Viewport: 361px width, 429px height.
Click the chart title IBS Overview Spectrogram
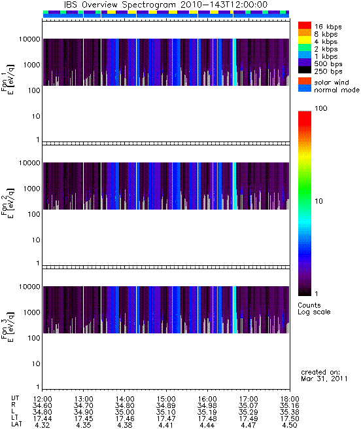(120, 5)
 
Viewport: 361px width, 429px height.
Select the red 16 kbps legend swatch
(305, 25)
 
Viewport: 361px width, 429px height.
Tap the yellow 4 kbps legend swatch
(305, 40)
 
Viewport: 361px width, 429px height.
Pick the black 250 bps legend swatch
(305, 70)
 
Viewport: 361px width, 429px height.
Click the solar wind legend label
(332, 83)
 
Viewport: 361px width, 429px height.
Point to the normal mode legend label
(337, 90)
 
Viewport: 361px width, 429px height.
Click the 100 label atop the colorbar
(321, 108)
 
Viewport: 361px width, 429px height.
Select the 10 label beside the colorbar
(319, 201)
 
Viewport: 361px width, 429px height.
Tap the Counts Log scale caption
(314, 308)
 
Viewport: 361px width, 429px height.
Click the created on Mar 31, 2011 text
(324, 375)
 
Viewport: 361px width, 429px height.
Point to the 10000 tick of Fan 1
(29, 39)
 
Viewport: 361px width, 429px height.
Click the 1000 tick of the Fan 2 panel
(31, 189)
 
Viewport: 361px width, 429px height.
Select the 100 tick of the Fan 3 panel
(34, 338)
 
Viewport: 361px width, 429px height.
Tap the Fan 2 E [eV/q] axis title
(8, 203)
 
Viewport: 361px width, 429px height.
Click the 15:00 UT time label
(166, 399)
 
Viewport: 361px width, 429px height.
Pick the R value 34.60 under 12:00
(42, 405)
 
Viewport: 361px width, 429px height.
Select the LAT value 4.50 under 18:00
(290, 425)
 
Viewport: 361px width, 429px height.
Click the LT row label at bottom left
(15, 419)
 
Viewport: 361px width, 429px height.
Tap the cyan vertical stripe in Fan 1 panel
(235, 62)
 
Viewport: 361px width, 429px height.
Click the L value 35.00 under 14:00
(125, 412)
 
